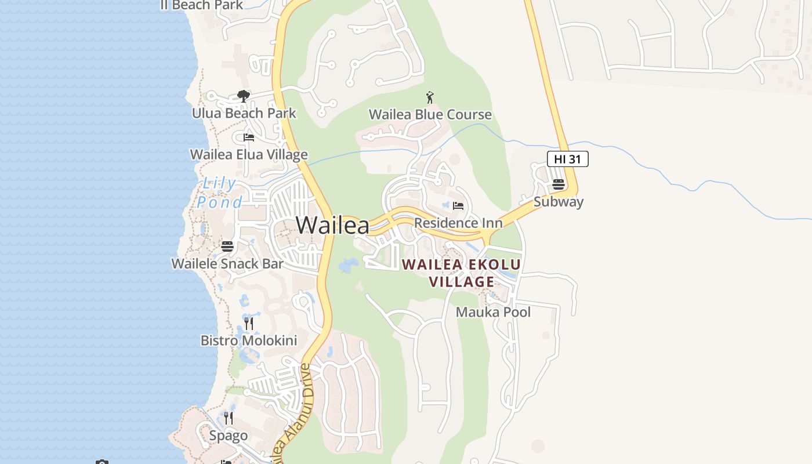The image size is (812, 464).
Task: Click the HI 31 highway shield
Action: (567, 159)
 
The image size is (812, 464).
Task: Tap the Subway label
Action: (558, 202)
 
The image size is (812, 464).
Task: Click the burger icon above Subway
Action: (559, 184)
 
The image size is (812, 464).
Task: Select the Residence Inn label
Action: (458, 223)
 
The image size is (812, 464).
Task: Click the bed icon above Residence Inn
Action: (458, 205)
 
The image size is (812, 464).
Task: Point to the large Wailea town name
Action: (332, 225)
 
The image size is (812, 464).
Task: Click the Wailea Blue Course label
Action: (430, 115)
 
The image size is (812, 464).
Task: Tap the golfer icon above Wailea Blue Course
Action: (430, 97)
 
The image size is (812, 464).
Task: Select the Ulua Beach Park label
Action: (244, 113)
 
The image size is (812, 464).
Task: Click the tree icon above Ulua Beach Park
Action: (244, 96)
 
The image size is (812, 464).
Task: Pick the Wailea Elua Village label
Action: (249, 155)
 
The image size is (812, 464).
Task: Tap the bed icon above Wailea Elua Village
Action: (249, 137)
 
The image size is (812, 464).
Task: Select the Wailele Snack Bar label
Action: (227, 264)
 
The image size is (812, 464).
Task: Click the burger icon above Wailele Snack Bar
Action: (227, 246)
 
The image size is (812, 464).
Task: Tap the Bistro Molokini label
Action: (249, 340)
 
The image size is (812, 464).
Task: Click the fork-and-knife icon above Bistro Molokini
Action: (249, 323)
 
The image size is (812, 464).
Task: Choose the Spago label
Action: (229, 436)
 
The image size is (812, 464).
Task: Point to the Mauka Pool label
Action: (493, 312)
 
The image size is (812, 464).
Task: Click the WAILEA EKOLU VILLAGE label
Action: (462, 273)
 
